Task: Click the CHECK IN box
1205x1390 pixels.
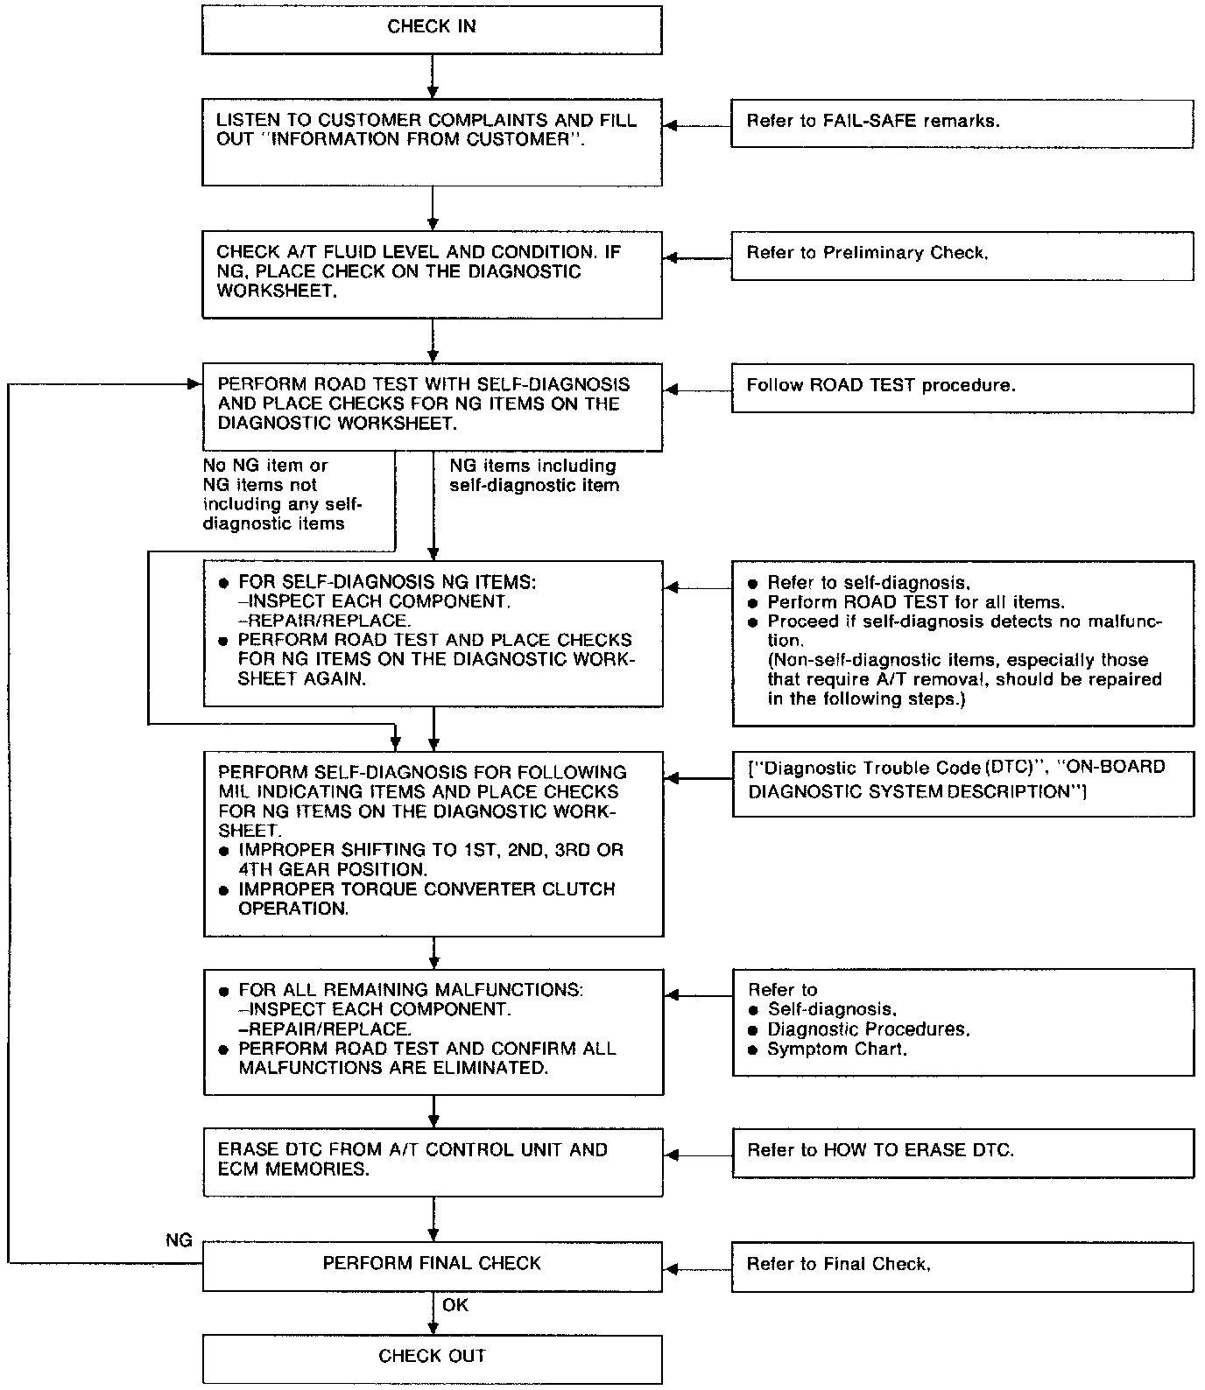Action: point(432,28)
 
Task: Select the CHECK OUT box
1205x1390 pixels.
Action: point(432,1357)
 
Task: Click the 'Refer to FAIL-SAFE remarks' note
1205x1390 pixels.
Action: point(872,122)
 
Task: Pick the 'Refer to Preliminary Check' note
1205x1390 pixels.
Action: point(867,253)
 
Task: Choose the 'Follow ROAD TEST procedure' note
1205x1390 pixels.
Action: point(880,385)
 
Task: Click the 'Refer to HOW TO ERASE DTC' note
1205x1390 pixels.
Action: point(880,1150)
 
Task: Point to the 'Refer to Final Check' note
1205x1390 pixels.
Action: point(838,1264)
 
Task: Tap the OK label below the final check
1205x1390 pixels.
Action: point(455,1305)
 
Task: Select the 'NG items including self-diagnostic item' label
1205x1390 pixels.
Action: point(534,475)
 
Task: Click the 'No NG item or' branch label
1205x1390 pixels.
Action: point(265,466)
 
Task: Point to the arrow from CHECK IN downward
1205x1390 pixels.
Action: point(433,75)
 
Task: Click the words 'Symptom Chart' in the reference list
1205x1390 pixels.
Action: point(836,1049)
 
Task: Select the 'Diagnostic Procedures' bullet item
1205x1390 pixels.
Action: point(868,1029)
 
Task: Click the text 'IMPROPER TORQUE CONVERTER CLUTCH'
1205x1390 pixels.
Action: point(426,889)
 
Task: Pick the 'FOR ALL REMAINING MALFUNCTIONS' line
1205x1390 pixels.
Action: point(410,990)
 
